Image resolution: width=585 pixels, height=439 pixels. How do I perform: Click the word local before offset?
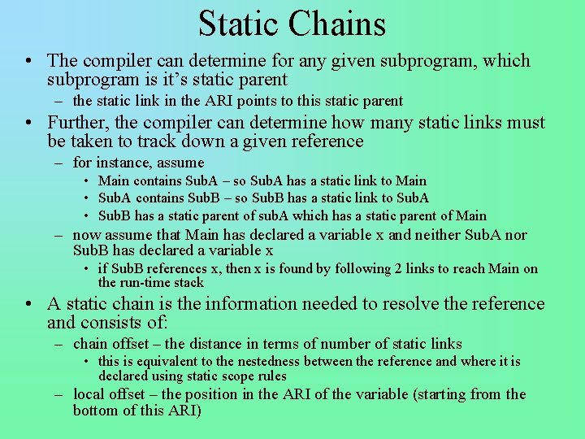pos(88,394)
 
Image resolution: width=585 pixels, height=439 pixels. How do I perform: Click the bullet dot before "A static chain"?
pos(29,304)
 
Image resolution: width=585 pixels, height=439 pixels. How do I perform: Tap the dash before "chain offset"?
pos(60,344)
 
